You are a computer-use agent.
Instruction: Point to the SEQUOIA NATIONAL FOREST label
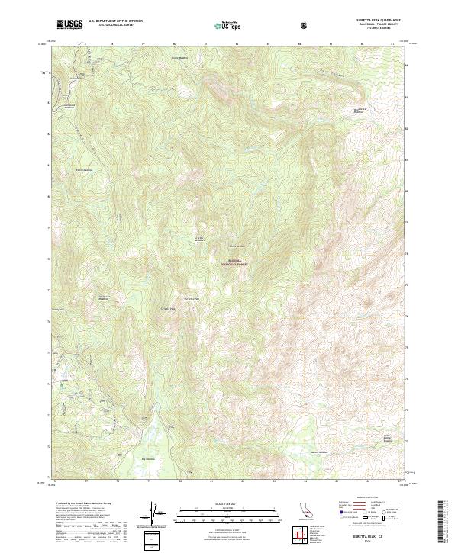pos(234,262)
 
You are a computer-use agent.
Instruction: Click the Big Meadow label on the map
pos(147,458)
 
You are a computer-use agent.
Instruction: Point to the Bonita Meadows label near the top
pos(179,57)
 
